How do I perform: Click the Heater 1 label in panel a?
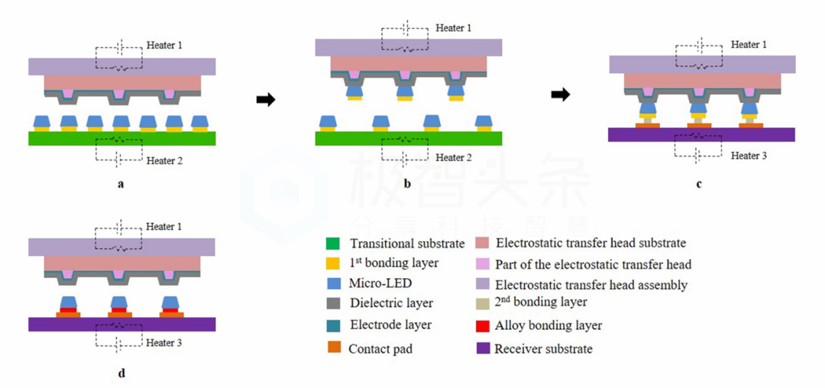tap(163, 46)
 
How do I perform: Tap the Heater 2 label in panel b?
tap(453, 158)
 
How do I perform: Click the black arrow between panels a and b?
tap(266, 100)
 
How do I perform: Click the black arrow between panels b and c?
tap(561, 95)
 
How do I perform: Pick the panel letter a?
tap(121, 184)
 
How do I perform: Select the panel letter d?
tap(121, 373)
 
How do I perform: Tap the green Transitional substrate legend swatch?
tap(332, 244)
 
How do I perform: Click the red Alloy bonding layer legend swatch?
tap(482, 326)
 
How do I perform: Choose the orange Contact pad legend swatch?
tap(333, 348)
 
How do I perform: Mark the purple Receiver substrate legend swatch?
tap(482, 348)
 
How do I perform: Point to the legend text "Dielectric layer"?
tap(391, 303)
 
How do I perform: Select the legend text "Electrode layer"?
tap(390, 325)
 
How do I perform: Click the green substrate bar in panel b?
tap(408, 138)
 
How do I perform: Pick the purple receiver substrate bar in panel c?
tap(701, 134)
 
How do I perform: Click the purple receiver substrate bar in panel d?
tap(121, 324)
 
